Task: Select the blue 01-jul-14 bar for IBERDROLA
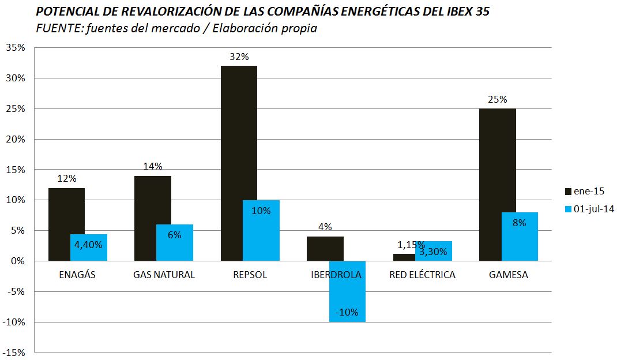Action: pos(347,291)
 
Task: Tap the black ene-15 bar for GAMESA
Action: pos(497,185)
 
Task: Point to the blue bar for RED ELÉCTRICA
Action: pos(433,251)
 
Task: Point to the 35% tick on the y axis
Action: pos(15,48)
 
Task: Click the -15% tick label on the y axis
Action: pos(14,352)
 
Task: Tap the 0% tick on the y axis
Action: pos(18,261)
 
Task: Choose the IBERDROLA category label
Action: pos(336,275)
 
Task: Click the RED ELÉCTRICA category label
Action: pos(423,275)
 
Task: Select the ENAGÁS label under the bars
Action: pos(77,275)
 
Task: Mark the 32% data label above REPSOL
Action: pos(238,57)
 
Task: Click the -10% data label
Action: pos(347,313)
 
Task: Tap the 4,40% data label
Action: pos(88,245)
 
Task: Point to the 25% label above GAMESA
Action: pos(497,99)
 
